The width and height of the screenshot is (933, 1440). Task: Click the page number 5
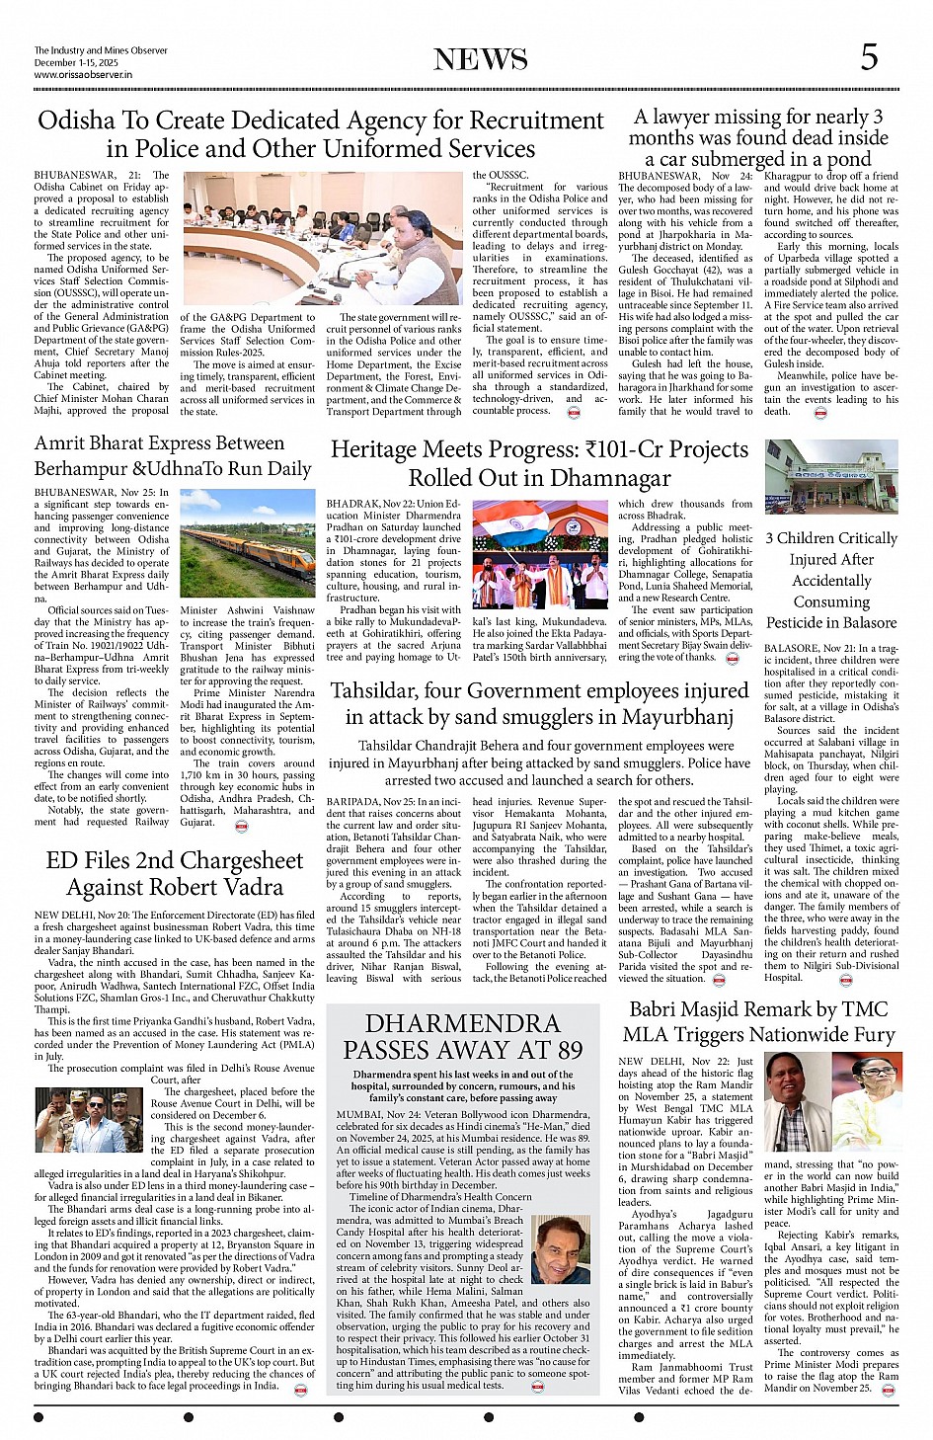point(868,58)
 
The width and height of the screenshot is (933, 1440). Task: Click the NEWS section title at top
point(480,59)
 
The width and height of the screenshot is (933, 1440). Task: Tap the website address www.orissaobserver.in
point(83,74)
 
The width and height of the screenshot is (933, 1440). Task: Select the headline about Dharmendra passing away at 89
point(462,1036)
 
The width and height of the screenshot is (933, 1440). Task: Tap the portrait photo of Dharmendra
point(560,1249)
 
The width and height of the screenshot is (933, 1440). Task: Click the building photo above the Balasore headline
point(831,478)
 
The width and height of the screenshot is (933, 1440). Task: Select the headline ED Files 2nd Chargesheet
point(175,874)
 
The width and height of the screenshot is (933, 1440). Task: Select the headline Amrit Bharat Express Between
point(159,443)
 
